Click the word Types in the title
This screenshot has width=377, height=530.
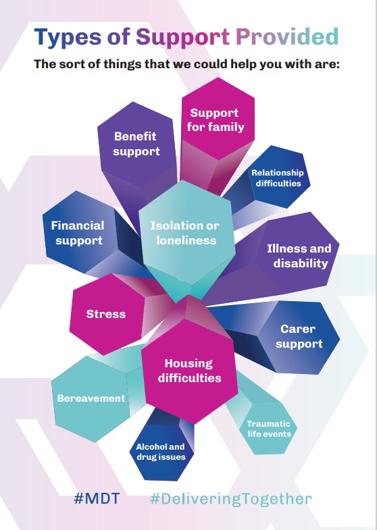68,37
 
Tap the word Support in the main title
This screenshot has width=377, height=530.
182,38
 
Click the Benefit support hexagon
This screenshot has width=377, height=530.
136,144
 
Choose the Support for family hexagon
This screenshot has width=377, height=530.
218,119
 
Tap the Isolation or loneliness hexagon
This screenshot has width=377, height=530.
186,232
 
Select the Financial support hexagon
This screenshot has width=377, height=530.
80,232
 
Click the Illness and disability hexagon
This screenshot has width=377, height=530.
298,255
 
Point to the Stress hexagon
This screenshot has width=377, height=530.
107,315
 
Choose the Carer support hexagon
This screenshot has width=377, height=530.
299,337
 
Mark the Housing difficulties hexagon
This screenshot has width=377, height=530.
189,371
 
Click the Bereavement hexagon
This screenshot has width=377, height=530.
91,398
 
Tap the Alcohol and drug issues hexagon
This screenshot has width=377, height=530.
161,452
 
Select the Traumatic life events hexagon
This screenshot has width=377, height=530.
268,429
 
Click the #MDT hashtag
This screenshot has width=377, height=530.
97,498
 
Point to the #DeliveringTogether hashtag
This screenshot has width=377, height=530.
231,499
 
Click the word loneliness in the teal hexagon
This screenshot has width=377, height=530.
186,240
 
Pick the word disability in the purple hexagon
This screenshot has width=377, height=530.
301,263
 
